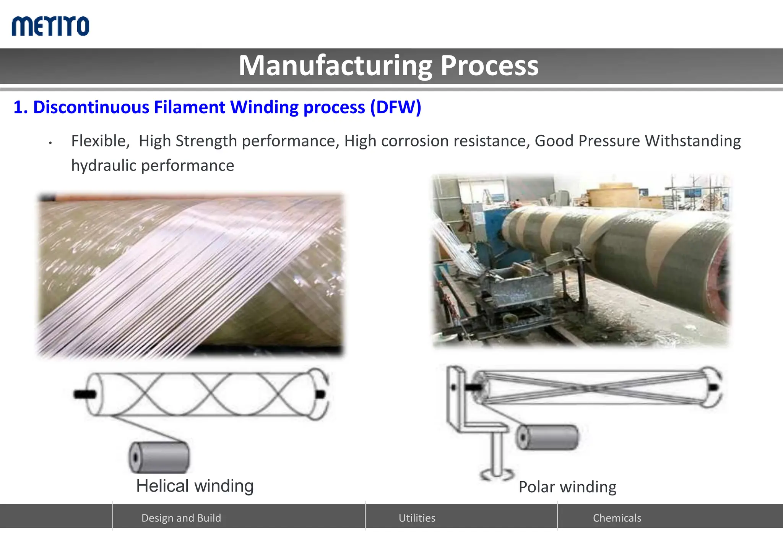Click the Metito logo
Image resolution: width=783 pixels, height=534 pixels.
(50, 26)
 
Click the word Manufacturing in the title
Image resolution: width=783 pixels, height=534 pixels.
(335, 66)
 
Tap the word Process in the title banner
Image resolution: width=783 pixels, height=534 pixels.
(489, 66)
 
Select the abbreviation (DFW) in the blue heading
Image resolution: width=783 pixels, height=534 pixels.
(395, 107)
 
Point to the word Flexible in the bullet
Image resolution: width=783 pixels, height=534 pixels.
(99, 141)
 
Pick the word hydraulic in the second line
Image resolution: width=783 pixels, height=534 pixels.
(104, 166)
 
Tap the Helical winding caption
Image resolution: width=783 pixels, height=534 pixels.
(195, 486)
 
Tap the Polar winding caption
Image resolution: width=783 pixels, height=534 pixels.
(567, 487)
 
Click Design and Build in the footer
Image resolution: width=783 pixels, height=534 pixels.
(181, 518)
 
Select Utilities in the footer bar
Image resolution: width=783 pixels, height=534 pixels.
(417, 518)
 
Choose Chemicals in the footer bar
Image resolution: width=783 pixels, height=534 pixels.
(617, 518)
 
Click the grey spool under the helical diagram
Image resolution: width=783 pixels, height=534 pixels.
(159, 457)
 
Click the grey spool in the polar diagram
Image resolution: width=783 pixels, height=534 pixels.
(547, 437)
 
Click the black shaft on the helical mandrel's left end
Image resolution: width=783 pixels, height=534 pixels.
(85, 394)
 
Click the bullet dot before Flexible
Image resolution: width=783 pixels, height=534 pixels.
(50, 143)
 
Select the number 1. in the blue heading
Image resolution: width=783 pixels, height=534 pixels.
(20, 107)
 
